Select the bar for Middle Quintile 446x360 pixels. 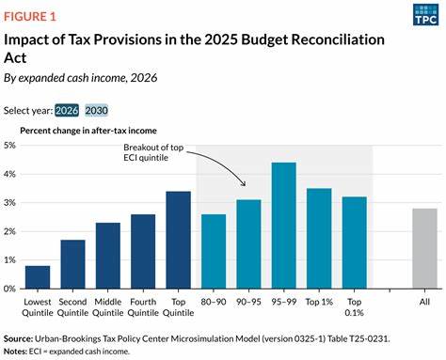(108, 256)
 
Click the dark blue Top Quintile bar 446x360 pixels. (178, 240)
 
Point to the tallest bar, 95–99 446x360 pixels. (284, 226)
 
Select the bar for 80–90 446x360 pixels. (214, 251)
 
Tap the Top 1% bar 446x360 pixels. (319, 239)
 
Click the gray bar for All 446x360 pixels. (424, 248)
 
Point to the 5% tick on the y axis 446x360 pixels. (12, 146)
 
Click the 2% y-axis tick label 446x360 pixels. (12, 231)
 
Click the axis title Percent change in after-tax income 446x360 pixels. (88, 130)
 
